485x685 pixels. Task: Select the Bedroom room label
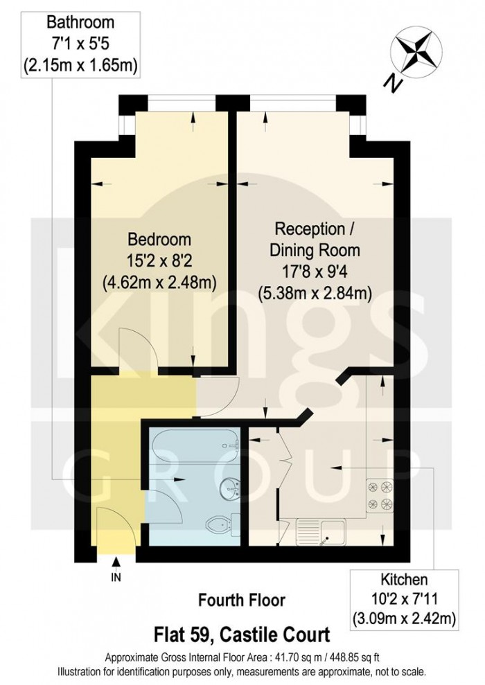159,240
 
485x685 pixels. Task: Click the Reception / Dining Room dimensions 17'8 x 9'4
315,272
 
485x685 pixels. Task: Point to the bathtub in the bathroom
195,445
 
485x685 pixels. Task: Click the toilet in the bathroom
222,524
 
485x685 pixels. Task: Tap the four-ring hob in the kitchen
379,495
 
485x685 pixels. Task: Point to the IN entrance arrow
116,562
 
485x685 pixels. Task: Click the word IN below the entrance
116,578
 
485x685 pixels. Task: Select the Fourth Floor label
242,601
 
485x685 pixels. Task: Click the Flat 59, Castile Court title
242,634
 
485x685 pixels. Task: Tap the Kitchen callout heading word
404,580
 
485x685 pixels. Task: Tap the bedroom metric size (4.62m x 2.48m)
159,283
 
